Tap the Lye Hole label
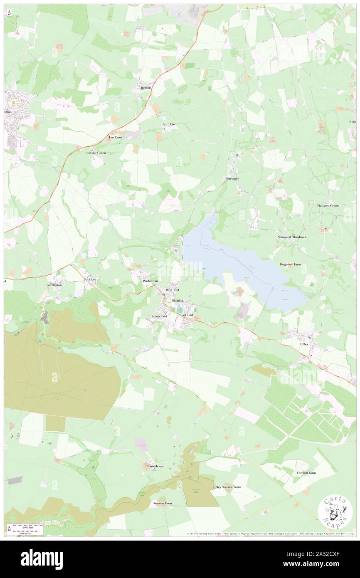click(x=168, y=124)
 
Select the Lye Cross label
click(x=116, y=137)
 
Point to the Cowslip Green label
click(x=96, y=153)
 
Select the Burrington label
click(x=54, y=285)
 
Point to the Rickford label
click(x=90, y=279)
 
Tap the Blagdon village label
click(x=178, y=300)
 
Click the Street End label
click(x=159, y=316)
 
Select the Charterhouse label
click(x=155, y=466)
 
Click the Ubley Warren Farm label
click(x=227, y=487)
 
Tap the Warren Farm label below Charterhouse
click(x=162, y=503)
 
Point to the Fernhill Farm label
click(x=306, y=473)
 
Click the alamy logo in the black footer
click(x=42, y=559)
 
